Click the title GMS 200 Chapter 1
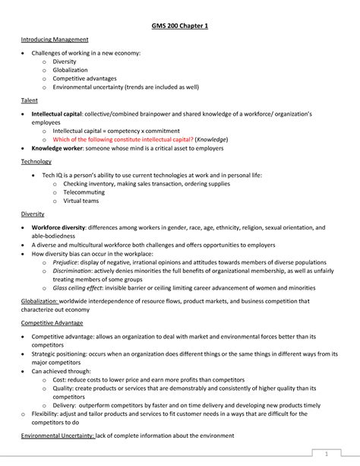179,26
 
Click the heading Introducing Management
55,40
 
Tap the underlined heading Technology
36,161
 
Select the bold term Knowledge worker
56,148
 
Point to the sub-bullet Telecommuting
84,193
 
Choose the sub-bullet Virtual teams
82,202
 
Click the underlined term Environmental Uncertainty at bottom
58,435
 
